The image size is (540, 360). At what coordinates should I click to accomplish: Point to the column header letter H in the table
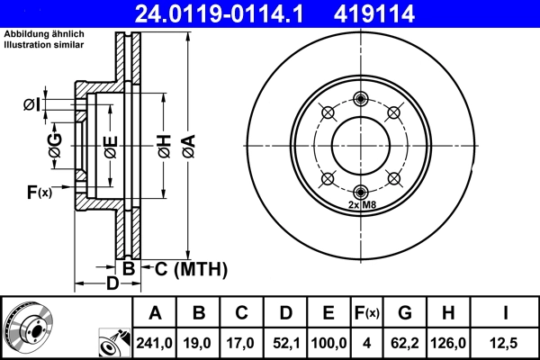pos(448,313)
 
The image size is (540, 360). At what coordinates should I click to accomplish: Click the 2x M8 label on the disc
pos(361,205)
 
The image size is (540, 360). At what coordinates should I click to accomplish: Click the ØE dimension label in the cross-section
pos(110,146)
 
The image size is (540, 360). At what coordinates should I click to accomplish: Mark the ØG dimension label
pos(55,146)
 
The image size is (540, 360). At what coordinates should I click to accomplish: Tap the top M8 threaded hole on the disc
pos(361,98)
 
